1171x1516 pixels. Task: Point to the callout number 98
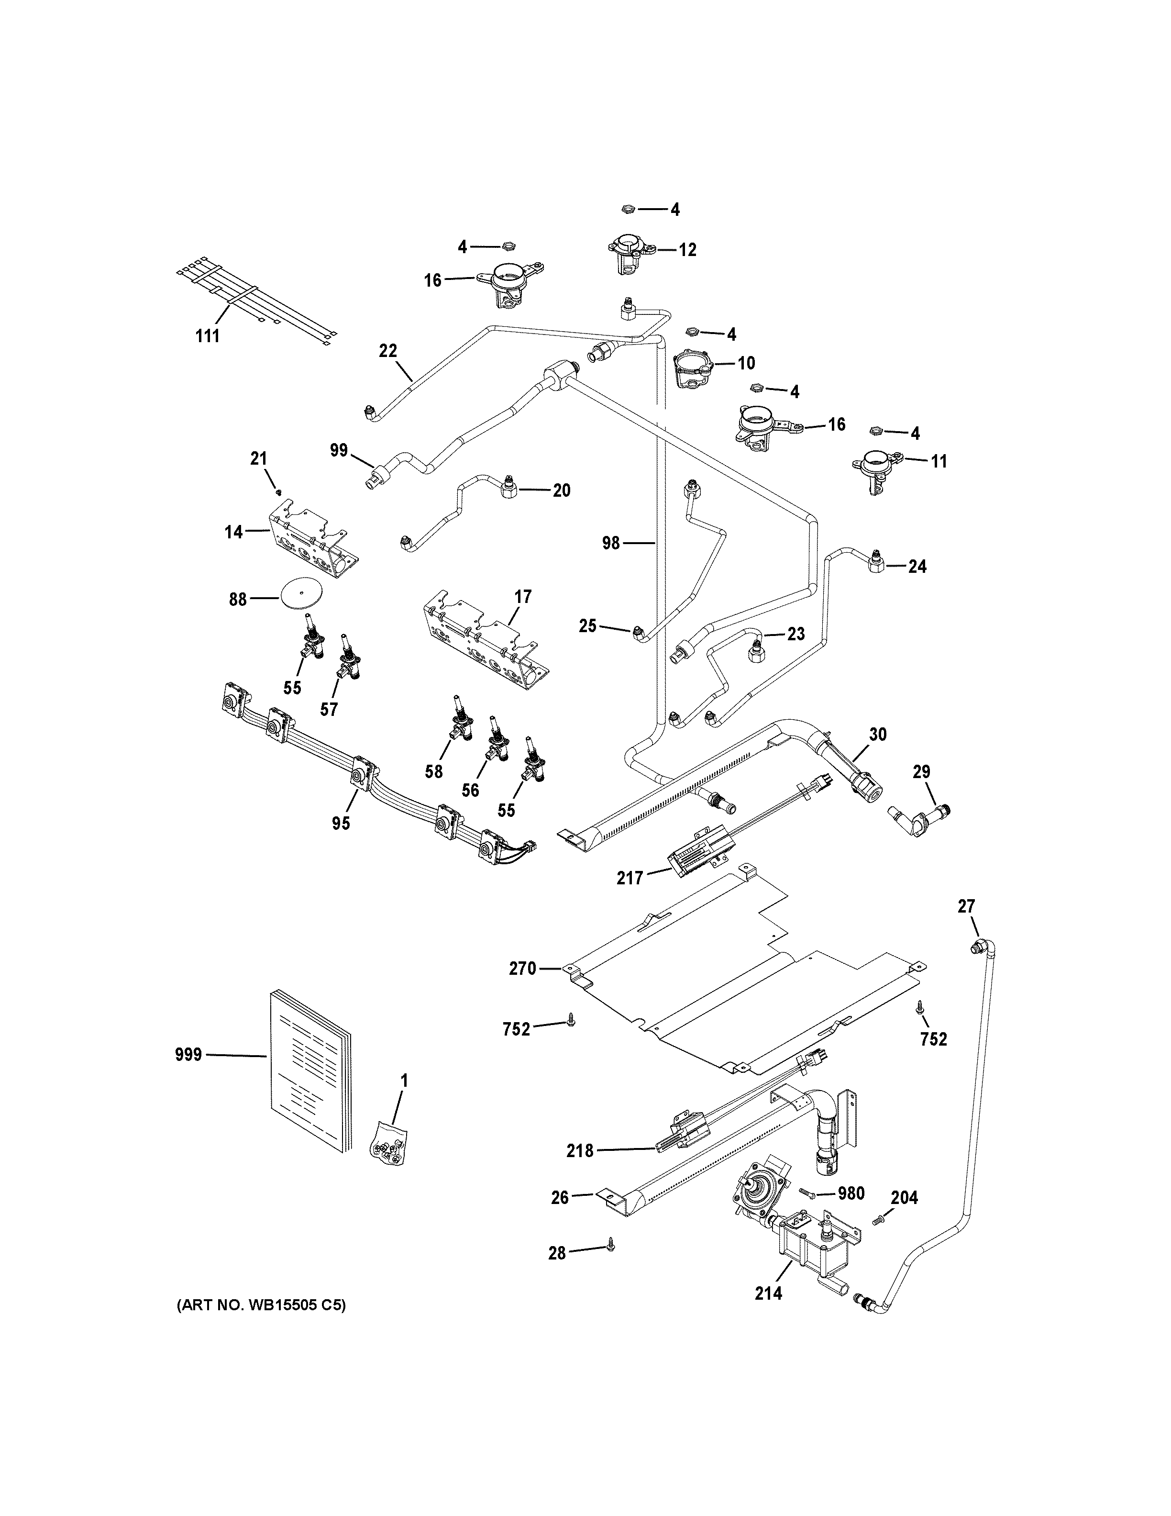[610, 544]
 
